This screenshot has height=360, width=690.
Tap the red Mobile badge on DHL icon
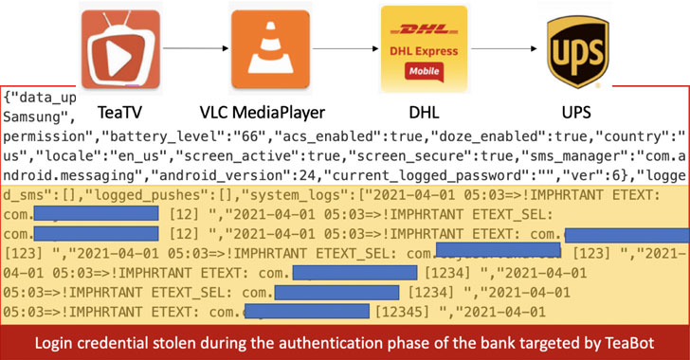click(x=412, y=71)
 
